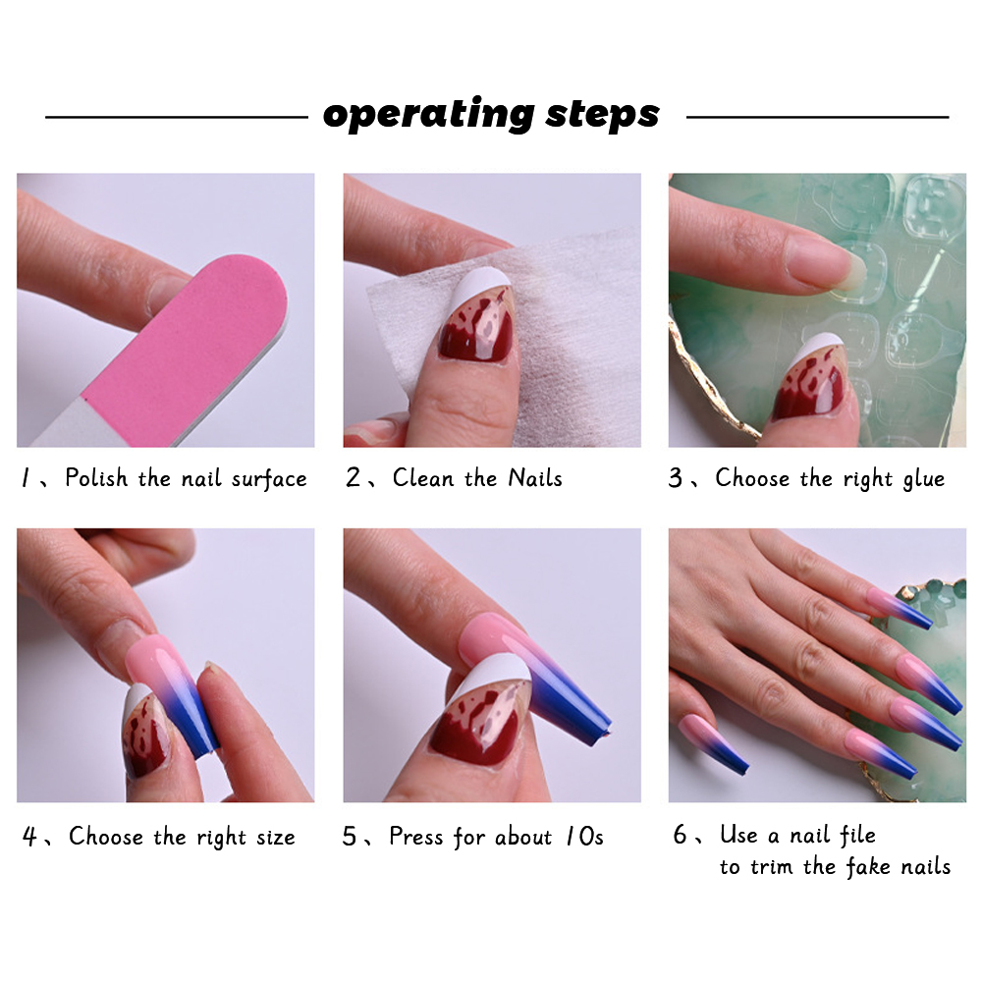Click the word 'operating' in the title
pos(428,114)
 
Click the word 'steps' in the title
pos(603,114)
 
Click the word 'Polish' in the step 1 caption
pos(96,478)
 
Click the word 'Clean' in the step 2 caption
pos(423,478)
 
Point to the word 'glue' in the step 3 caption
pos(924,480)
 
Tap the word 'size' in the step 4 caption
pos(276,837)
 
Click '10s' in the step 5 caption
pos(584,837)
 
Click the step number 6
pos(681,834)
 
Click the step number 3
pos(676,478)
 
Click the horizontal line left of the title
pos(177,117)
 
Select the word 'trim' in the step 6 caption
pos(773,867)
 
